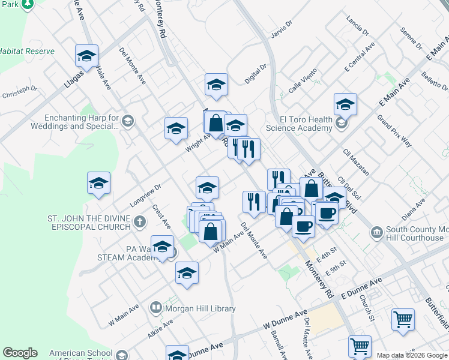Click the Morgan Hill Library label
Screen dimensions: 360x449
point(202,308)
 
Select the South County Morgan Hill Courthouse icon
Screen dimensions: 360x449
point(376,232)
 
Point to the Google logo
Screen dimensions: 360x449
point(20,353)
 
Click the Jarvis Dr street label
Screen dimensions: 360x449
point(280,25)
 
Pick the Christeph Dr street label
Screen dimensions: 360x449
point(20,92)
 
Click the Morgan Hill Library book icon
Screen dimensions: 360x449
point(156,308)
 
